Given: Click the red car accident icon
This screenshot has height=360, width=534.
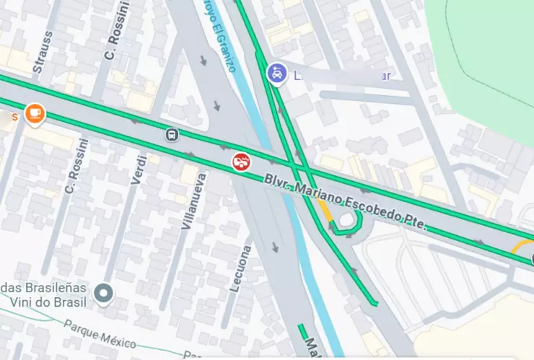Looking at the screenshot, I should click(242, 162).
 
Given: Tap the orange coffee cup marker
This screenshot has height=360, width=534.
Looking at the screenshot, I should click(34, 113).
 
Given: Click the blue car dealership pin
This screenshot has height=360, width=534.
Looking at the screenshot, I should click(276, 74).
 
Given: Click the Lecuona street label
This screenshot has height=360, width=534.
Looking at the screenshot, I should click(240, 268).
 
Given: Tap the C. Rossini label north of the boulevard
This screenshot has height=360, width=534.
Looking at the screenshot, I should click(115, 35).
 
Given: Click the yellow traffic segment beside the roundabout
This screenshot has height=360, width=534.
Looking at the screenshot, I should click(325, 211).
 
